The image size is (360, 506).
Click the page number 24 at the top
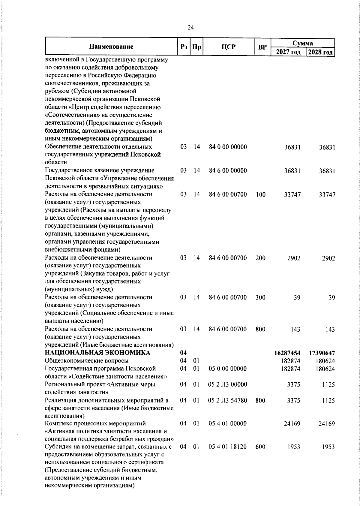(190, 28)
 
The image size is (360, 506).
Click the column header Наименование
(111, 47)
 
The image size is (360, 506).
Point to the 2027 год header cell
(288, 52)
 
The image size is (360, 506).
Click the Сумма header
(303, 43)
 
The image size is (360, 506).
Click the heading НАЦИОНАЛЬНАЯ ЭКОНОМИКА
(97, 353)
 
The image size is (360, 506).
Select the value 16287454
(287, 353)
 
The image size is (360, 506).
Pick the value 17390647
(322, 353)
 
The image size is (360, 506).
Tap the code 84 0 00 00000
(228, 147)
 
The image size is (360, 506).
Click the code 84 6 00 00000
(228, 171)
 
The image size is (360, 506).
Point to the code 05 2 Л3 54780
(228, 400)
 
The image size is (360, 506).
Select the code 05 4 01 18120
(228, 447)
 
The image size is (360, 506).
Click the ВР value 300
(260, 297)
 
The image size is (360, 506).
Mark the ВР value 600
(260, 447)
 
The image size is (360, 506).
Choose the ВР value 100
(261, 194)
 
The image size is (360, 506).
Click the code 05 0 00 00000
(228, 369)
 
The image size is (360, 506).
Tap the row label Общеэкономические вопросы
(87, 361)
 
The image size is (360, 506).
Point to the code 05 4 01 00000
(228, 424)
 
